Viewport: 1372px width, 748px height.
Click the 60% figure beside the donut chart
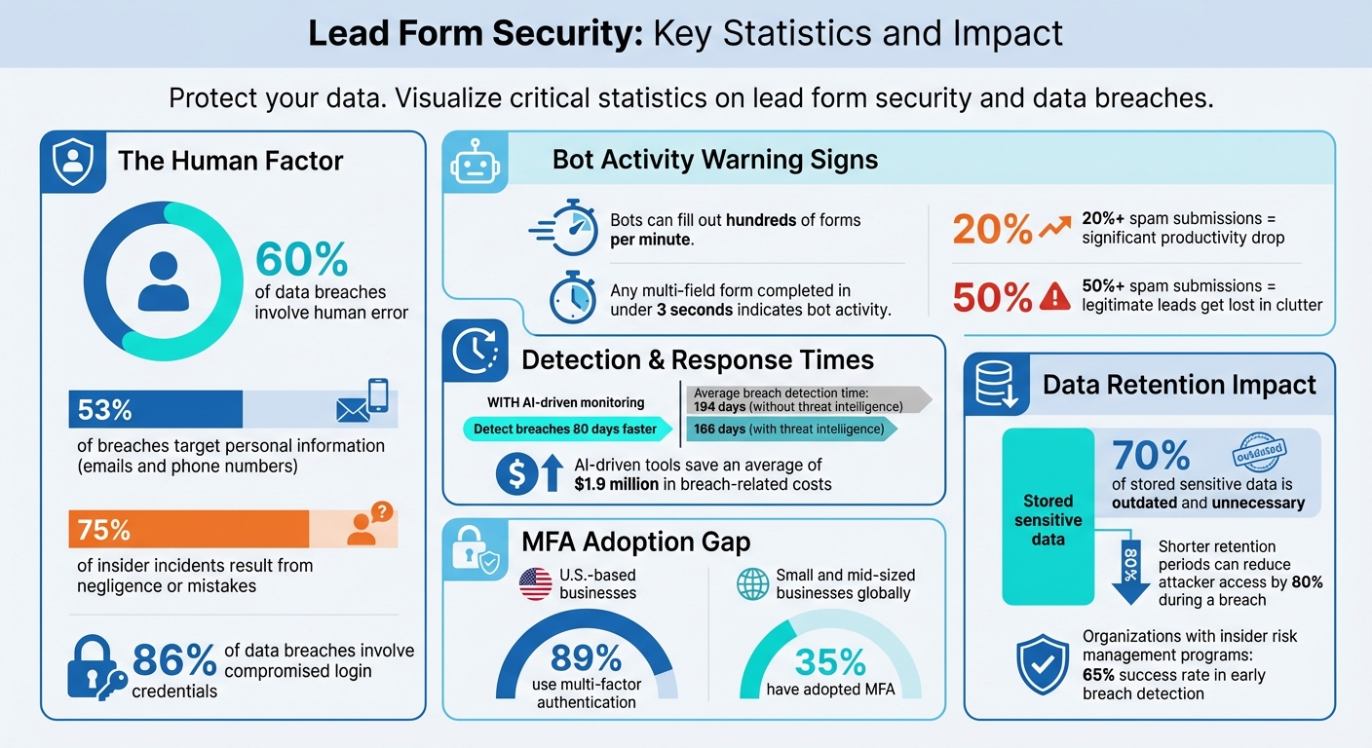pyautogui.click(x=301, y=260)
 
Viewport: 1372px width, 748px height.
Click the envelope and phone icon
pyautogui.click(x=362, y=402)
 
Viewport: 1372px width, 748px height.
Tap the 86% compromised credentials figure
pyautogui.click(x=173, y=661)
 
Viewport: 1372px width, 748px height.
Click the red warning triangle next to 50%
pyautogui.click(x=1054, y=297)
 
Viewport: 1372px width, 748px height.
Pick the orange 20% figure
pyautogui.click(x=992, y=230)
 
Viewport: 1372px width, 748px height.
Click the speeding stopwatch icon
pyautogui.click(x=565, y=230)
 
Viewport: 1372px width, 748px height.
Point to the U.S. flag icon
pyautogui.click(x=535, y=583)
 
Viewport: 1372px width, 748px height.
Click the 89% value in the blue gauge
pyautogui.click(x=587, y=658)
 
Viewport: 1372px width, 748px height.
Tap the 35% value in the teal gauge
pyautogui.click(x=830, y=662)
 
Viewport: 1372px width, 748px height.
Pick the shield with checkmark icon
pyautogui.click(x=1043, y=664)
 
